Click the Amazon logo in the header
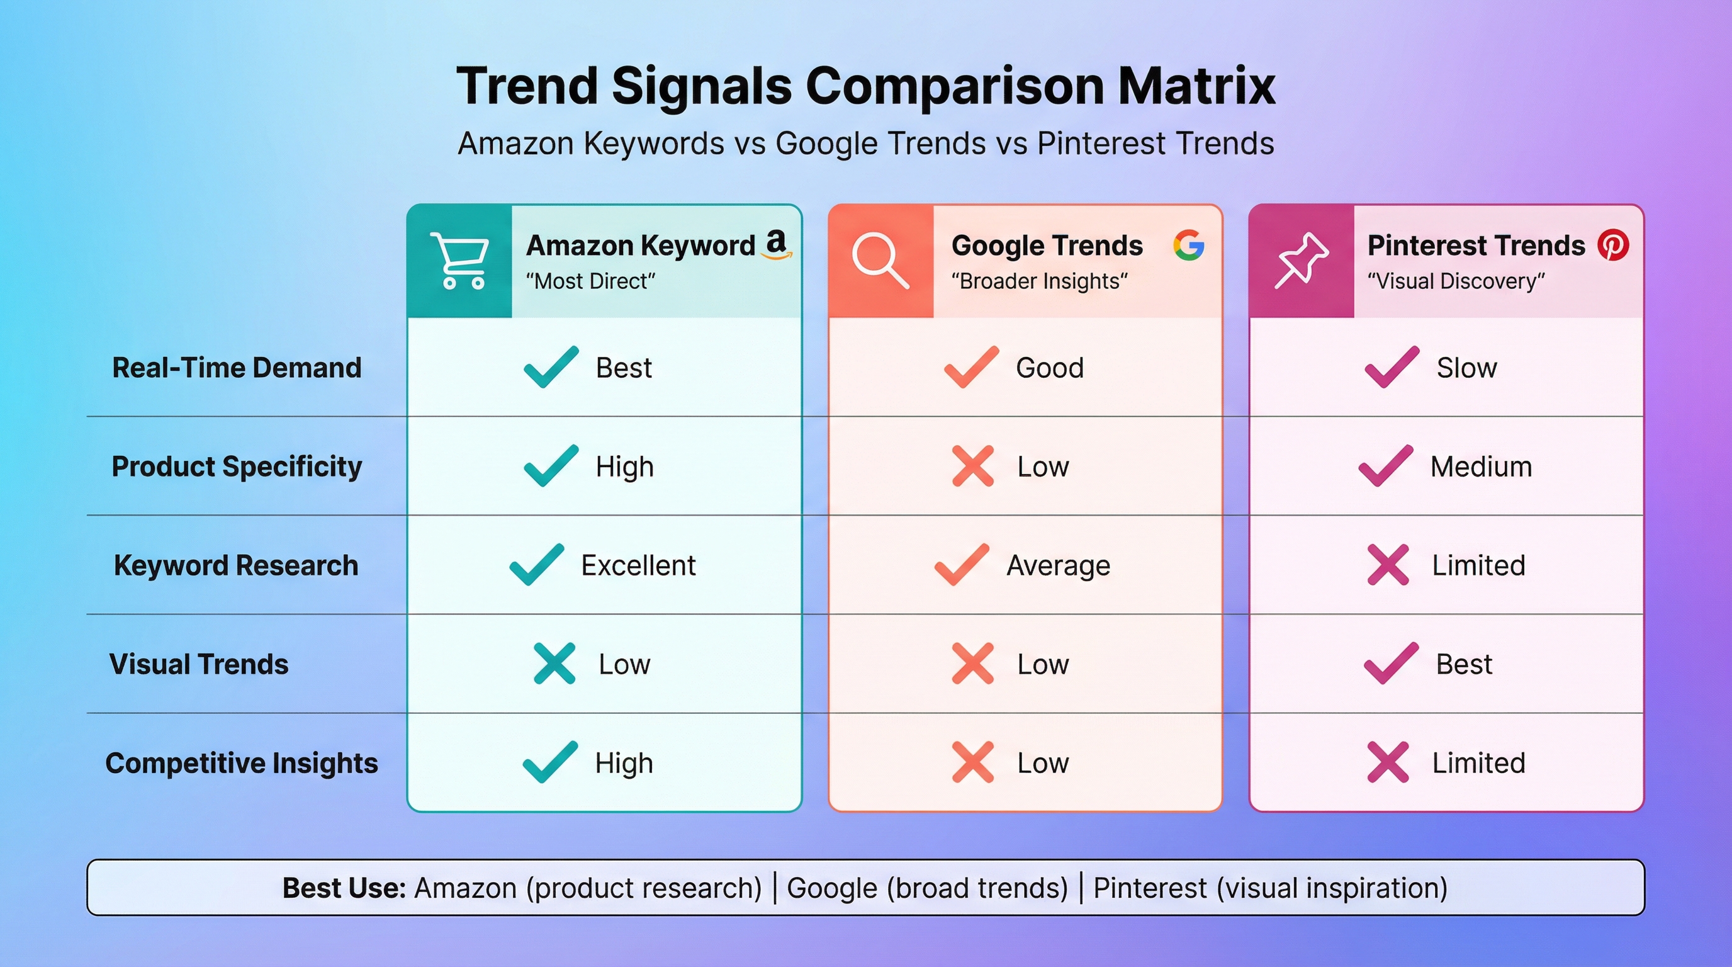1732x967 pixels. coord(777,244)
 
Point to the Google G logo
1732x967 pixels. coord(1188,245)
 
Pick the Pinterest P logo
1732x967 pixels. coord(1613,245)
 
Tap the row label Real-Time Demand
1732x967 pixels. coord(237,368)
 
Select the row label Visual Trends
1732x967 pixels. coord(199,664)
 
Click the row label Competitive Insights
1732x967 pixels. coord(242,763)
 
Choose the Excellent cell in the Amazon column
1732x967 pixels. coord(638,565)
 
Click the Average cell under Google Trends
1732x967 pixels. coord(1057,565)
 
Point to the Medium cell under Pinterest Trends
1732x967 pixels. coord(1480,467)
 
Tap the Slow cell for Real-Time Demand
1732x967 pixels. coord(1466,368)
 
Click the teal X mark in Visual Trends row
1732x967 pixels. coord(554,664)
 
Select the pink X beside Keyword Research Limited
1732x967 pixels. coord(1388,565)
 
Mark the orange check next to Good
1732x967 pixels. coord(971,367)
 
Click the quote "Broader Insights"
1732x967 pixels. coord(1039,281)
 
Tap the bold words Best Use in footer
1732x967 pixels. coord(344,888)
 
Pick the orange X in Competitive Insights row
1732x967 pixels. coord(973,762)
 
